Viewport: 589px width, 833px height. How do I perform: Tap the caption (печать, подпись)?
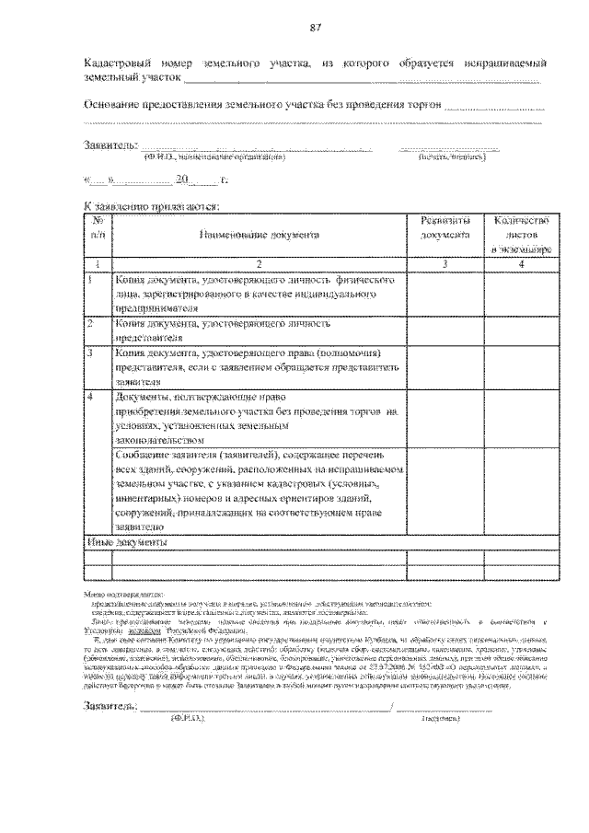coord(451,157)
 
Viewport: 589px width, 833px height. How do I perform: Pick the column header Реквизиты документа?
coord(445,228)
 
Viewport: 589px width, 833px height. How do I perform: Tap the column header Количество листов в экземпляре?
coord(521,236)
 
